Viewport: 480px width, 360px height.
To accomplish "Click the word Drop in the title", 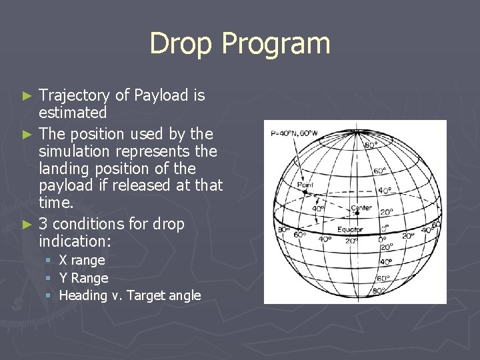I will pos(181,43).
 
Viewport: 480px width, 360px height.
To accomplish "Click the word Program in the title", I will pos(275,44).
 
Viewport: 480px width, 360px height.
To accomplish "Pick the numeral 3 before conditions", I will pos(43,223).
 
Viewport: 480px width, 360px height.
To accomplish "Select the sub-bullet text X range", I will pos(82,260).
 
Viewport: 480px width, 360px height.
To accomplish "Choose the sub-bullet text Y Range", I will pos(83,278).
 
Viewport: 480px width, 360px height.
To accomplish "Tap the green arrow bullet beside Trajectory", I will pos(27,96).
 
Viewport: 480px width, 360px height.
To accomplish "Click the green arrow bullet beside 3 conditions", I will pos(27,223).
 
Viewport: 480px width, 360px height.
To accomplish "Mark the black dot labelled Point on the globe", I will pos(305,192).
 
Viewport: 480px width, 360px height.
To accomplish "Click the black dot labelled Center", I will pos(357,213).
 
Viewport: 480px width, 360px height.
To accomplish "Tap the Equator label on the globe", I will pos(349,229).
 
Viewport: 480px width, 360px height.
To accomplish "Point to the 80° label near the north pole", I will pos(371,144).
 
